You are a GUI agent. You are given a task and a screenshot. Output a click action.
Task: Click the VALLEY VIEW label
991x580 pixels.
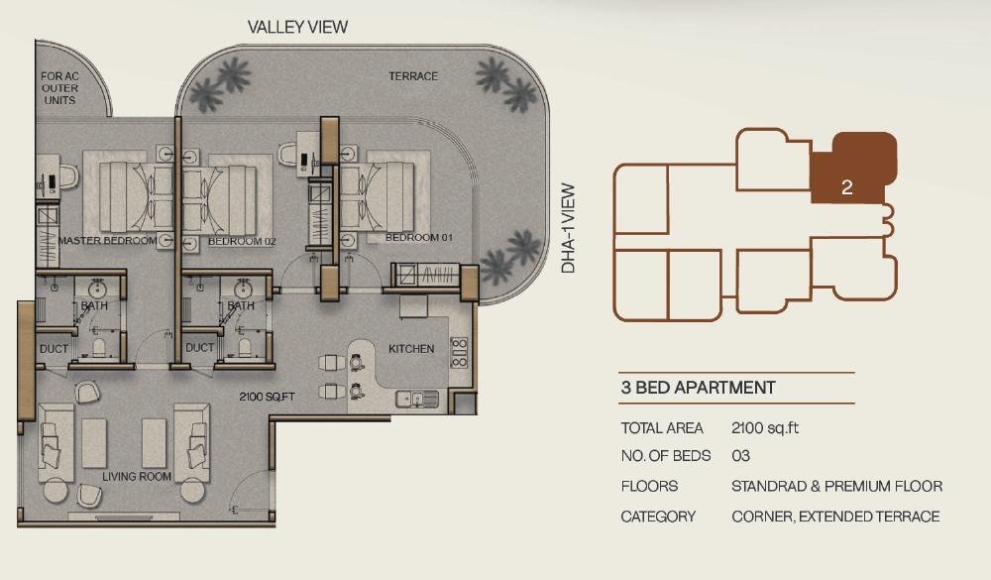(x=297, y=27)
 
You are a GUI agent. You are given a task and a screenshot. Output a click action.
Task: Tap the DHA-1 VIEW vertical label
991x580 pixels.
(x=568, y=228)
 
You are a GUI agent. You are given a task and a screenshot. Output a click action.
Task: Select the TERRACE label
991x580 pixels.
(x=413, y=76)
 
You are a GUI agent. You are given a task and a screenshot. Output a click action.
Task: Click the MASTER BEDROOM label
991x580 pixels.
(x=107, y=241)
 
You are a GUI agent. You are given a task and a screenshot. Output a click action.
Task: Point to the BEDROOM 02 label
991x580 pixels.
(x=242, y=242)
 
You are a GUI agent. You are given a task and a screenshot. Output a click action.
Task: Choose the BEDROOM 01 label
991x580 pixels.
(x=419, y=238)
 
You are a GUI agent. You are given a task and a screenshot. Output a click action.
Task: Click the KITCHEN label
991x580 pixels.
(x=411, y=349)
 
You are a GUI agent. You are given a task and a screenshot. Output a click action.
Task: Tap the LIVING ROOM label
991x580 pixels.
(x=137, y=477)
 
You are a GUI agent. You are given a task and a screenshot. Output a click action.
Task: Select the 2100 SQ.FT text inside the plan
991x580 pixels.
(x=267, y=398)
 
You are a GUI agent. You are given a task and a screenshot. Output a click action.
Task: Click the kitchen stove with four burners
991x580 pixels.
(x=459, y=352)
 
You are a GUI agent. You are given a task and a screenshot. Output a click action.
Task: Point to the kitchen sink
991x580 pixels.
(x=417, y=400)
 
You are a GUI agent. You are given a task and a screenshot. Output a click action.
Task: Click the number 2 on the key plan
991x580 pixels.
(x=847, y=187)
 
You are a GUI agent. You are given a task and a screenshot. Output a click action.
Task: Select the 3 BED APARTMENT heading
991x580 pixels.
(x=698, y=388)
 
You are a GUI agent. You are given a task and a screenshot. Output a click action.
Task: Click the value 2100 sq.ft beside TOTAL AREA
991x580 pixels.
(x=765, y=428)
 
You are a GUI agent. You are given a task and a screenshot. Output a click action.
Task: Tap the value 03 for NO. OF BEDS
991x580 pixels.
(x=740, y=456)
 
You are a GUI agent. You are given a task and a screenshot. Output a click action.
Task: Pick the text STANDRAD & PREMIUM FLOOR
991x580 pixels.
(x=836, y=487)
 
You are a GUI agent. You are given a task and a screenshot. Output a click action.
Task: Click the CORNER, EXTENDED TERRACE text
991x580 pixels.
(x=835, y=517)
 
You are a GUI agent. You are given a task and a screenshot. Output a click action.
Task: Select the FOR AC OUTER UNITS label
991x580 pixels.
(x=60, y=88)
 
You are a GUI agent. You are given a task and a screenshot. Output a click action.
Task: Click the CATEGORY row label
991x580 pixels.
(x=658, y=517)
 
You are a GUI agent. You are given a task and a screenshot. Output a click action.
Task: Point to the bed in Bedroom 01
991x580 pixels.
(x=378, y=196)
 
